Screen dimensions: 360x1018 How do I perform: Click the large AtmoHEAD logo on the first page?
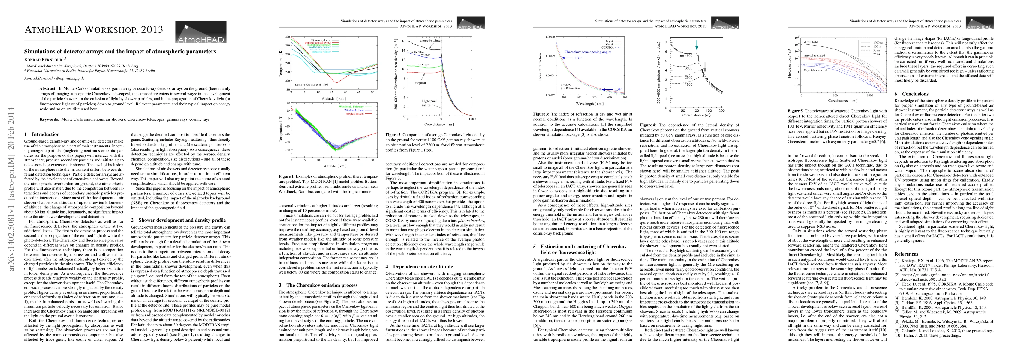pyautogui.click(x=201, y=32)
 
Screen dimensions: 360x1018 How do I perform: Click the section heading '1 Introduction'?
pyautogui.click(x=42, y=134)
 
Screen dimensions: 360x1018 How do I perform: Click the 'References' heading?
pyautogui.click(x=906, y=254)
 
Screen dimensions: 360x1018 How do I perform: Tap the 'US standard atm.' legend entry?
pyautogui.click(x=320, y=40)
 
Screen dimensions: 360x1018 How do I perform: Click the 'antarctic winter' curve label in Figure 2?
pyautogui.click(x=430, y=41)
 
